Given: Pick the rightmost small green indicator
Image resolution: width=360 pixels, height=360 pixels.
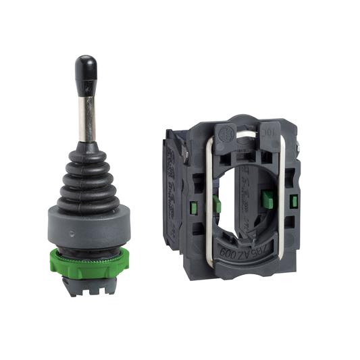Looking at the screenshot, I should coord(296,201).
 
